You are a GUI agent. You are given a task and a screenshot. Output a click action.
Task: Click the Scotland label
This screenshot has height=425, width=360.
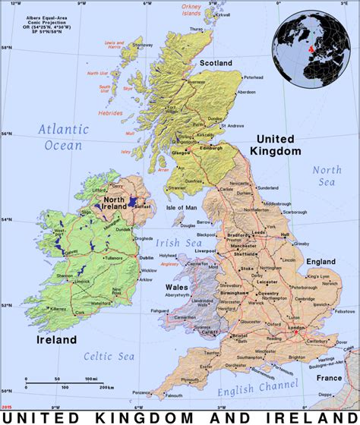[x=215, y=63]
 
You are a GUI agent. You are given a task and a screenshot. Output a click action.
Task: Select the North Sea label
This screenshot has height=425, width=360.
[x=327, y=175]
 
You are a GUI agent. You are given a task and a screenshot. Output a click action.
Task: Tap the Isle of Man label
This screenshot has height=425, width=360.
[x=182, y=207]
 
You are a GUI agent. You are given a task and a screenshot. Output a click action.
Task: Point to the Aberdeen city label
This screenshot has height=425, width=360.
[x=246, y=92]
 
